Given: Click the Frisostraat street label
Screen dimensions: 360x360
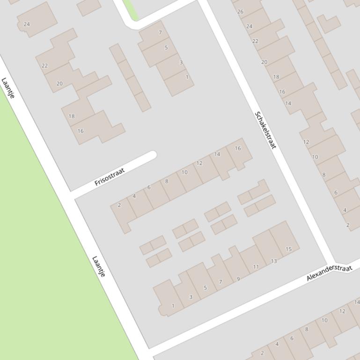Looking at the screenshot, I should (110, 177).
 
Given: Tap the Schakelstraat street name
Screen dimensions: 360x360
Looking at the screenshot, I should (265, 130).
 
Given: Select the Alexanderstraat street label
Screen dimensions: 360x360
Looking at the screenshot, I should (329, 273).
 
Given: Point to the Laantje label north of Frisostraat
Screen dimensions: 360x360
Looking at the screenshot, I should (8, 88).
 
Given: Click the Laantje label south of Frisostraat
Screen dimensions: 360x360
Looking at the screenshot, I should (99, 266).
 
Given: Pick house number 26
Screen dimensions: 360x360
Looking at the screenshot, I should (240, 11).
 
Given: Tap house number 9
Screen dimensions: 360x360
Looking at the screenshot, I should (238, 279).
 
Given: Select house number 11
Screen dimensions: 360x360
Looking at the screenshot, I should (256, 267).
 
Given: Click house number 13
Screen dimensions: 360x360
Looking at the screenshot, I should (274, 261).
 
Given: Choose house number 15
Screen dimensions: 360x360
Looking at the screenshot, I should (289, 249).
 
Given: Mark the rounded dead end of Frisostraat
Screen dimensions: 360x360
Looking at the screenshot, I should (151, 155).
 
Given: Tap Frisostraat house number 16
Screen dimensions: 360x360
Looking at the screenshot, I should (238, 148).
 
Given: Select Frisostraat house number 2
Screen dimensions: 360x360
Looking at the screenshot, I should (119, 205).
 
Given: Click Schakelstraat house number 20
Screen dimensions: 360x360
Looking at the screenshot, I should (264, 62).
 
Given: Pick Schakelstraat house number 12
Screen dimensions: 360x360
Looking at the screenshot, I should (306, 142).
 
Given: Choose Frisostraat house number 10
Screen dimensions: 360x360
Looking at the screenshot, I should (184, 172).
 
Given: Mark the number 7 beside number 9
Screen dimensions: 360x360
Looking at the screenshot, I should (220, 282).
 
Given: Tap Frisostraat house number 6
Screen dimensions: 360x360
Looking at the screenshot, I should (149, 187).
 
